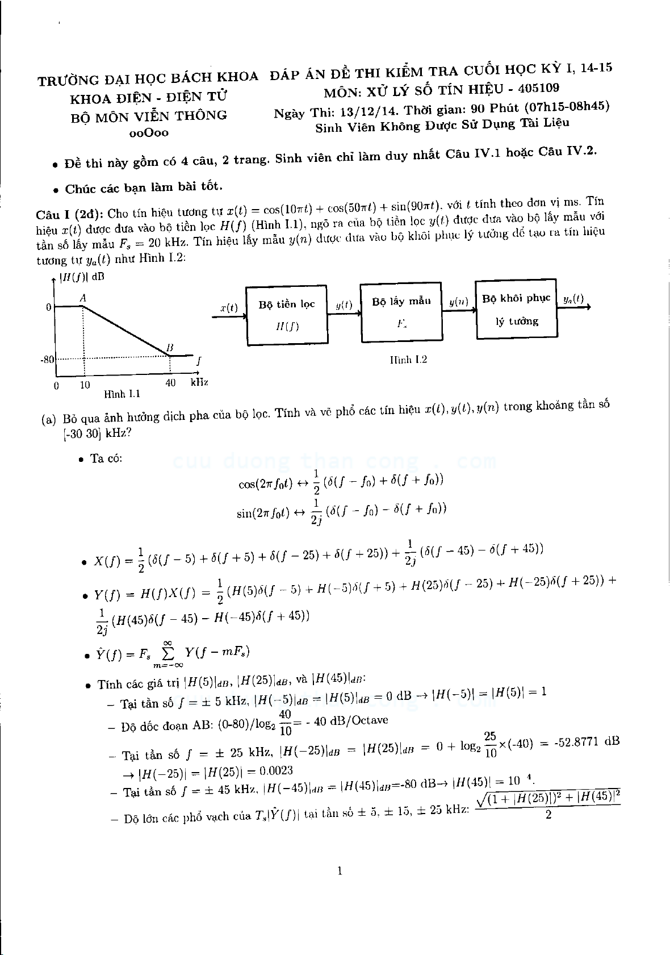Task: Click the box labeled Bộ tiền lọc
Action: (x=287, y=315)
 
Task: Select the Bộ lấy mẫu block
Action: (x=401, y=312)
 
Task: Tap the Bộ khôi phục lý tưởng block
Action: (x=516, y=309)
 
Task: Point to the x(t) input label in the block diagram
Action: (x=228, y=308)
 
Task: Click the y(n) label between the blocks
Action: (x=458, y=302)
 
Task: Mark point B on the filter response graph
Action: (x=169, y=348)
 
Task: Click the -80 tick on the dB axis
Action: (x=47, y=360)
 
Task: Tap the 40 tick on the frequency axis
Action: (x=170, y=383)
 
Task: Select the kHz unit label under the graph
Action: (x=199, y=382)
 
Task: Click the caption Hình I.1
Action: (x=122, y=394)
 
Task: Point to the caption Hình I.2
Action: (x=408, y=360)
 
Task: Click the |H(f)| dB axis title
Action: (x=82, y=278)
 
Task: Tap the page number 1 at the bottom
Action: (x=340, y=871)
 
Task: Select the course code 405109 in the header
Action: (x=538, y=88)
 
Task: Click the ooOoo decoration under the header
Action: (x=149, y=133)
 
